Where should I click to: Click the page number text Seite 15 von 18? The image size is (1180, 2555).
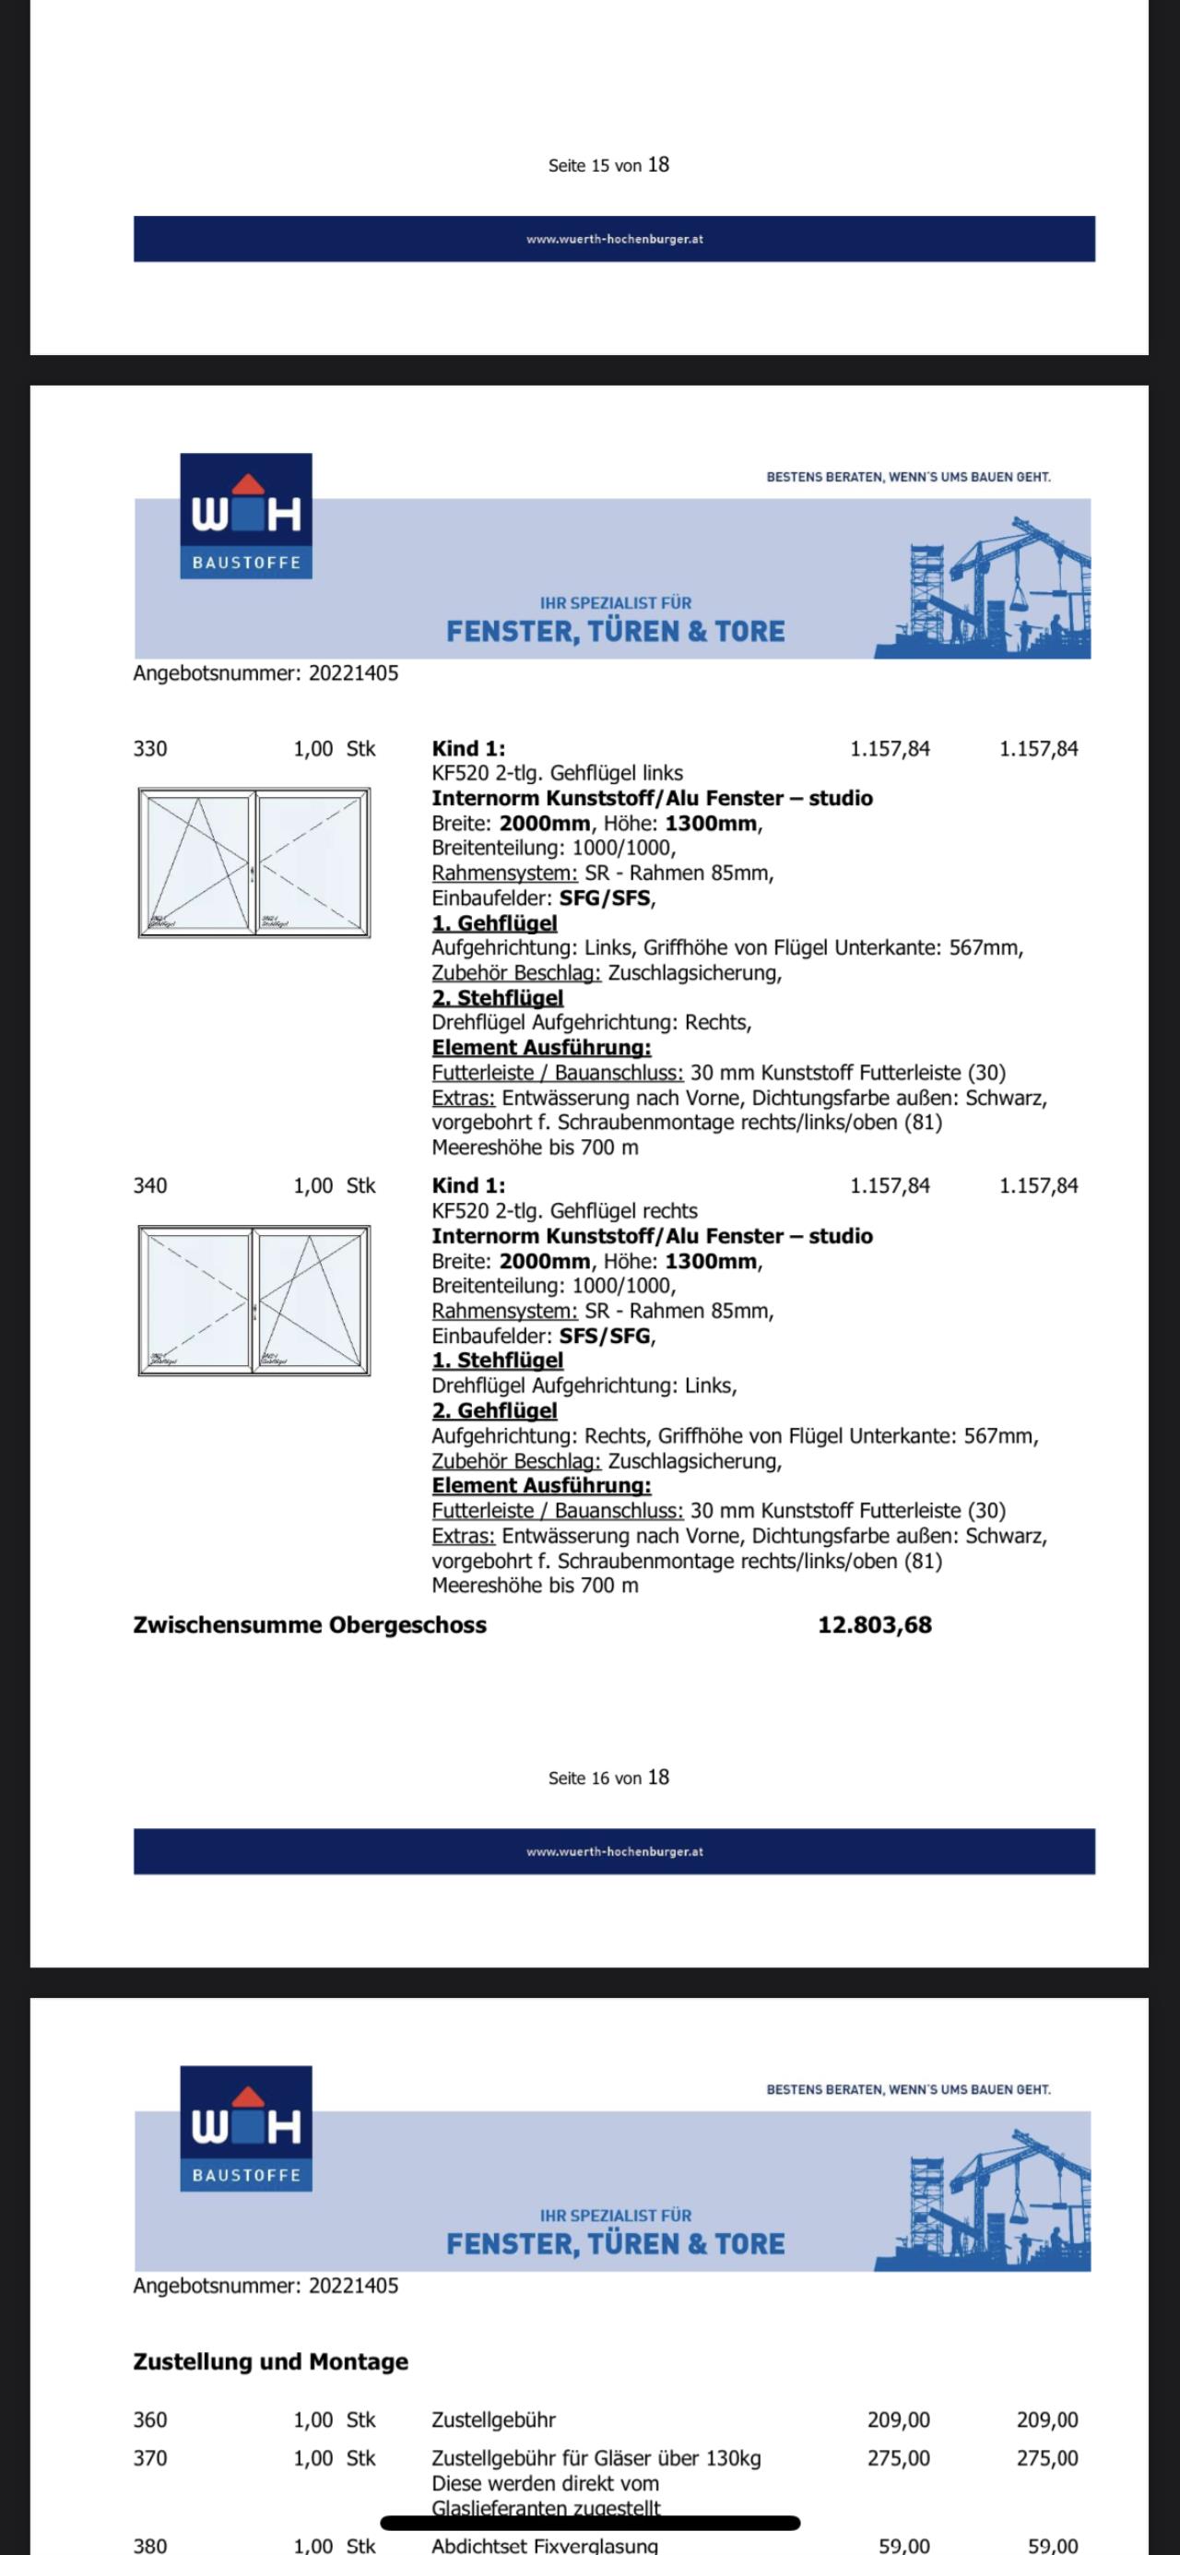coord(608,165)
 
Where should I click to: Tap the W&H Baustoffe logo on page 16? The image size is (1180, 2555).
coord(246,516)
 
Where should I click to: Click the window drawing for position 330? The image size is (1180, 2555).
coord(254,862)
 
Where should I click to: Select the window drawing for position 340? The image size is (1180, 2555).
coord(254,1301)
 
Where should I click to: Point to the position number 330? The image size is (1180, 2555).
coord(150,749)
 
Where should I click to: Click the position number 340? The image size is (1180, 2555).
coord(150,1186)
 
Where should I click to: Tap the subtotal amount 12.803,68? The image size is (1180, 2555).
coord(875,1625)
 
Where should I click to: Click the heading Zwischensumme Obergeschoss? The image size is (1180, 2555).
coord(310,1625)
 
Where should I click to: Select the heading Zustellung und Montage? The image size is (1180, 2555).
coord(271,2361)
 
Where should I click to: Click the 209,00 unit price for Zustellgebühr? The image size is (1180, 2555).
coord(899,2420)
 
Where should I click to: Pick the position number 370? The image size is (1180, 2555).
coord(150,2459)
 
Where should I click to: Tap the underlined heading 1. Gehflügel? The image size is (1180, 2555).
coord(494,923)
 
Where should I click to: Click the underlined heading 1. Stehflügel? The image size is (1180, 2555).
coord(497,1361)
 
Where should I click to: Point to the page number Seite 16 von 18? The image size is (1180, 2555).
coord(608,1777)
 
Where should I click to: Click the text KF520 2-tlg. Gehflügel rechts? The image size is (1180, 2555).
coord(564,1211)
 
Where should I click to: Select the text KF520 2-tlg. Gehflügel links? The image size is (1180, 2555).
coord(558,773)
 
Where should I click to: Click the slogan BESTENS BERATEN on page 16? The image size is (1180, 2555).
coord(908,477)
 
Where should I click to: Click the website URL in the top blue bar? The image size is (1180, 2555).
coord(615,239)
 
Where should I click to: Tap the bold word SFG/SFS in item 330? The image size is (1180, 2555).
coord(605,898)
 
